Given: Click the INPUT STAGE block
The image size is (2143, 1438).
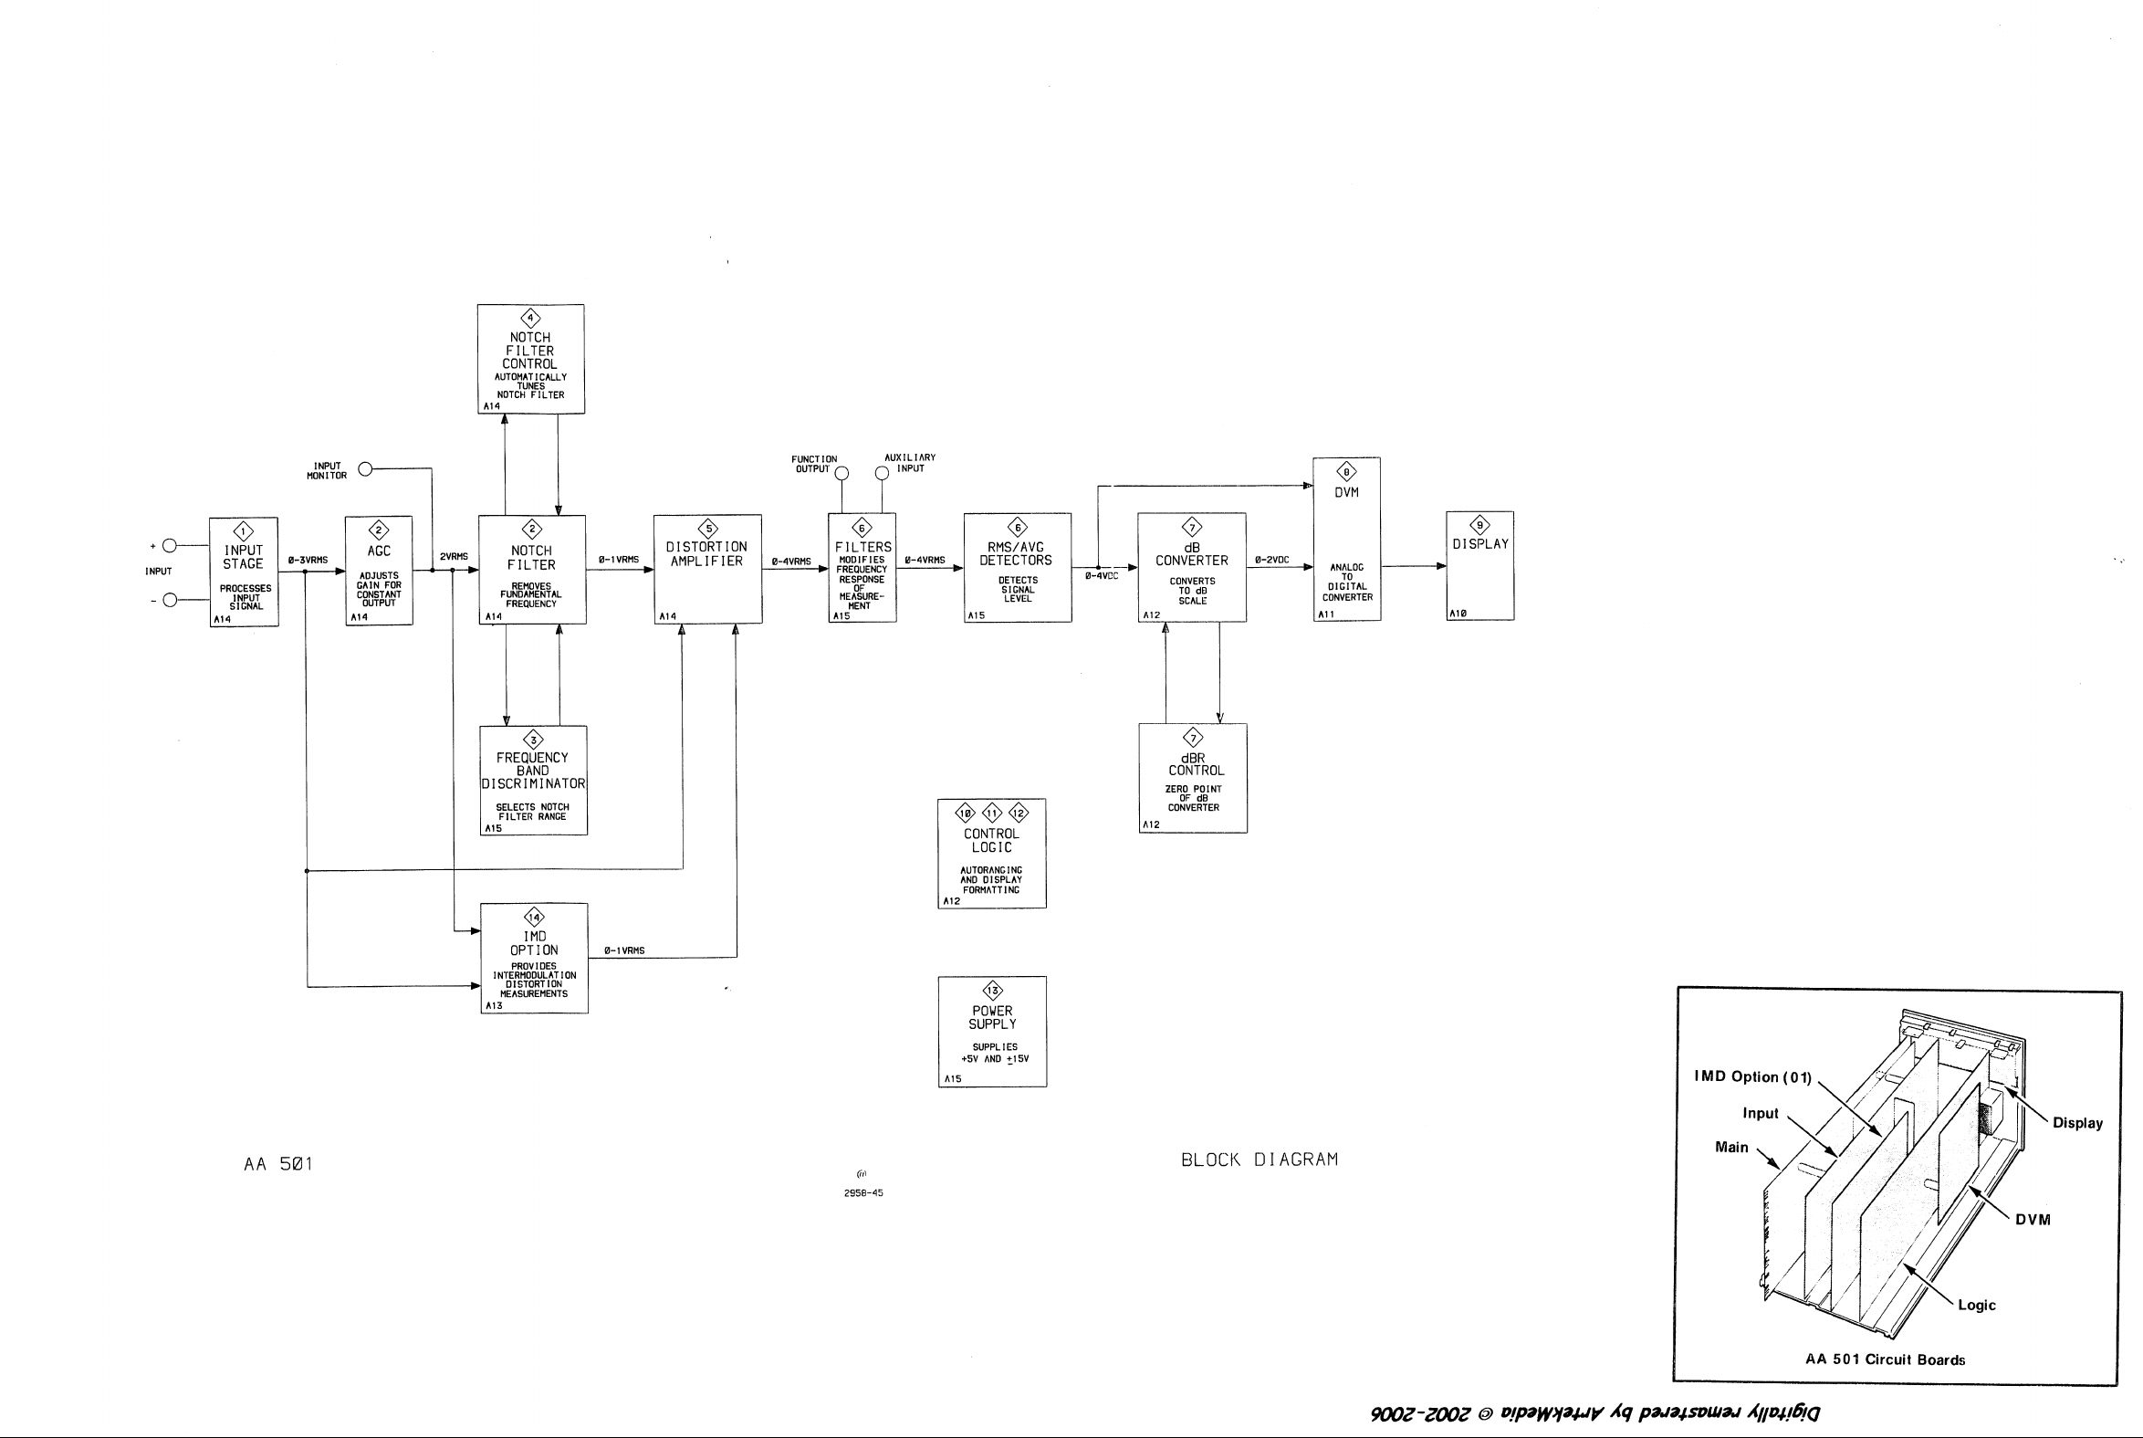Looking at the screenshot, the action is click(244, 572).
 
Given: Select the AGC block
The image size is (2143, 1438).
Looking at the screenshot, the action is click(379, 571).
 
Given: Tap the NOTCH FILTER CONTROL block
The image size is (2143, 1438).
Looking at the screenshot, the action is click(530, 360).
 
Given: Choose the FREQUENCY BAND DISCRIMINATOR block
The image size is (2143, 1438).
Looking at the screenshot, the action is click(533, 781).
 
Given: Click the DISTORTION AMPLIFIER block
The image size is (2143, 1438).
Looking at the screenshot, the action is click(707, 570).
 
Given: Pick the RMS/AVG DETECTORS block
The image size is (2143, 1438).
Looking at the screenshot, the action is click(1018, 568).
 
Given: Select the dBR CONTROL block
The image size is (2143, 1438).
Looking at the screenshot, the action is click(1193, 779).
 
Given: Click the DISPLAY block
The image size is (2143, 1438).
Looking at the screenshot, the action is click(1480, 566).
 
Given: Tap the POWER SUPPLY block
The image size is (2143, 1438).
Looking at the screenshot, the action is click(993, 1032).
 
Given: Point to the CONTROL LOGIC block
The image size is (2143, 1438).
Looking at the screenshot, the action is click(992, 854).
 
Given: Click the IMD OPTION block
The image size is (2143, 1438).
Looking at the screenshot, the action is click(534, 959).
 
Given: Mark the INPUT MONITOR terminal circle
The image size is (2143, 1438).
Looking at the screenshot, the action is click(365, 469).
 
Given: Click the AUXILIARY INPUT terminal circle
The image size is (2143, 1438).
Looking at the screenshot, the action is click(882, 473).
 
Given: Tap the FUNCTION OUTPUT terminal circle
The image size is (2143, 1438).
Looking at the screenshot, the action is click(842, 473).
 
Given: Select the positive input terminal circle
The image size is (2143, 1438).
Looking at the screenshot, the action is click(169, 546).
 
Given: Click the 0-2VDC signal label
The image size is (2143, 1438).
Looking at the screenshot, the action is click(1271, 560).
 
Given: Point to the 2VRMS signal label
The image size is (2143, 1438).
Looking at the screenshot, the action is click(454, 557).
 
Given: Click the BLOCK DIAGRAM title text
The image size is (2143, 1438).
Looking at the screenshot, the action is click(1260, 1160).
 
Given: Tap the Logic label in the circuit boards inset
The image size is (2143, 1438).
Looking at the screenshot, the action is click(1976, 1305).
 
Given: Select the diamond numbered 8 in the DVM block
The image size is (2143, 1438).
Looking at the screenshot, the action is click(1346, 472).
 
